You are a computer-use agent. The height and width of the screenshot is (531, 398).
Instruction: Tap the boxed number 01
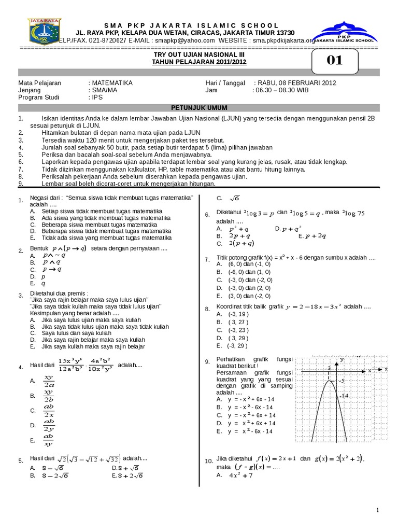pos(335,61)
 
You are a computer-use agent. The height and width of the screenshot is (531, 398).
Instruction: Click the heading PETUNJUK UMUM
pos(199,107)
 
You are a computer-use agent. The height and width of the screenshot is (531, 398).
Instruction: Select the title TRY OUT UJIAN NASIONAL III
pos(199,55)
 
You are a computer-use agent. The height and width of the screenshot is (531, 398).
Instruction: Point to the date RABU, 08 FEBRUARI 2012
pos(295,82)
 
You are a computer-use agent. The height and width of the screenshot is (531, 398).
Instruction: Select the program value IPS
pos(98,97)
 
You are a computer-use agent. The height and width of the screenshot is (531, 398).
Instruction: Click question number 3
pos(20,296)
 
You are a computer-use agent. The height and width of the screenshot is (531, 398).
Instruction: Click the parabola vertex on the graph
pos(329,381)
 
